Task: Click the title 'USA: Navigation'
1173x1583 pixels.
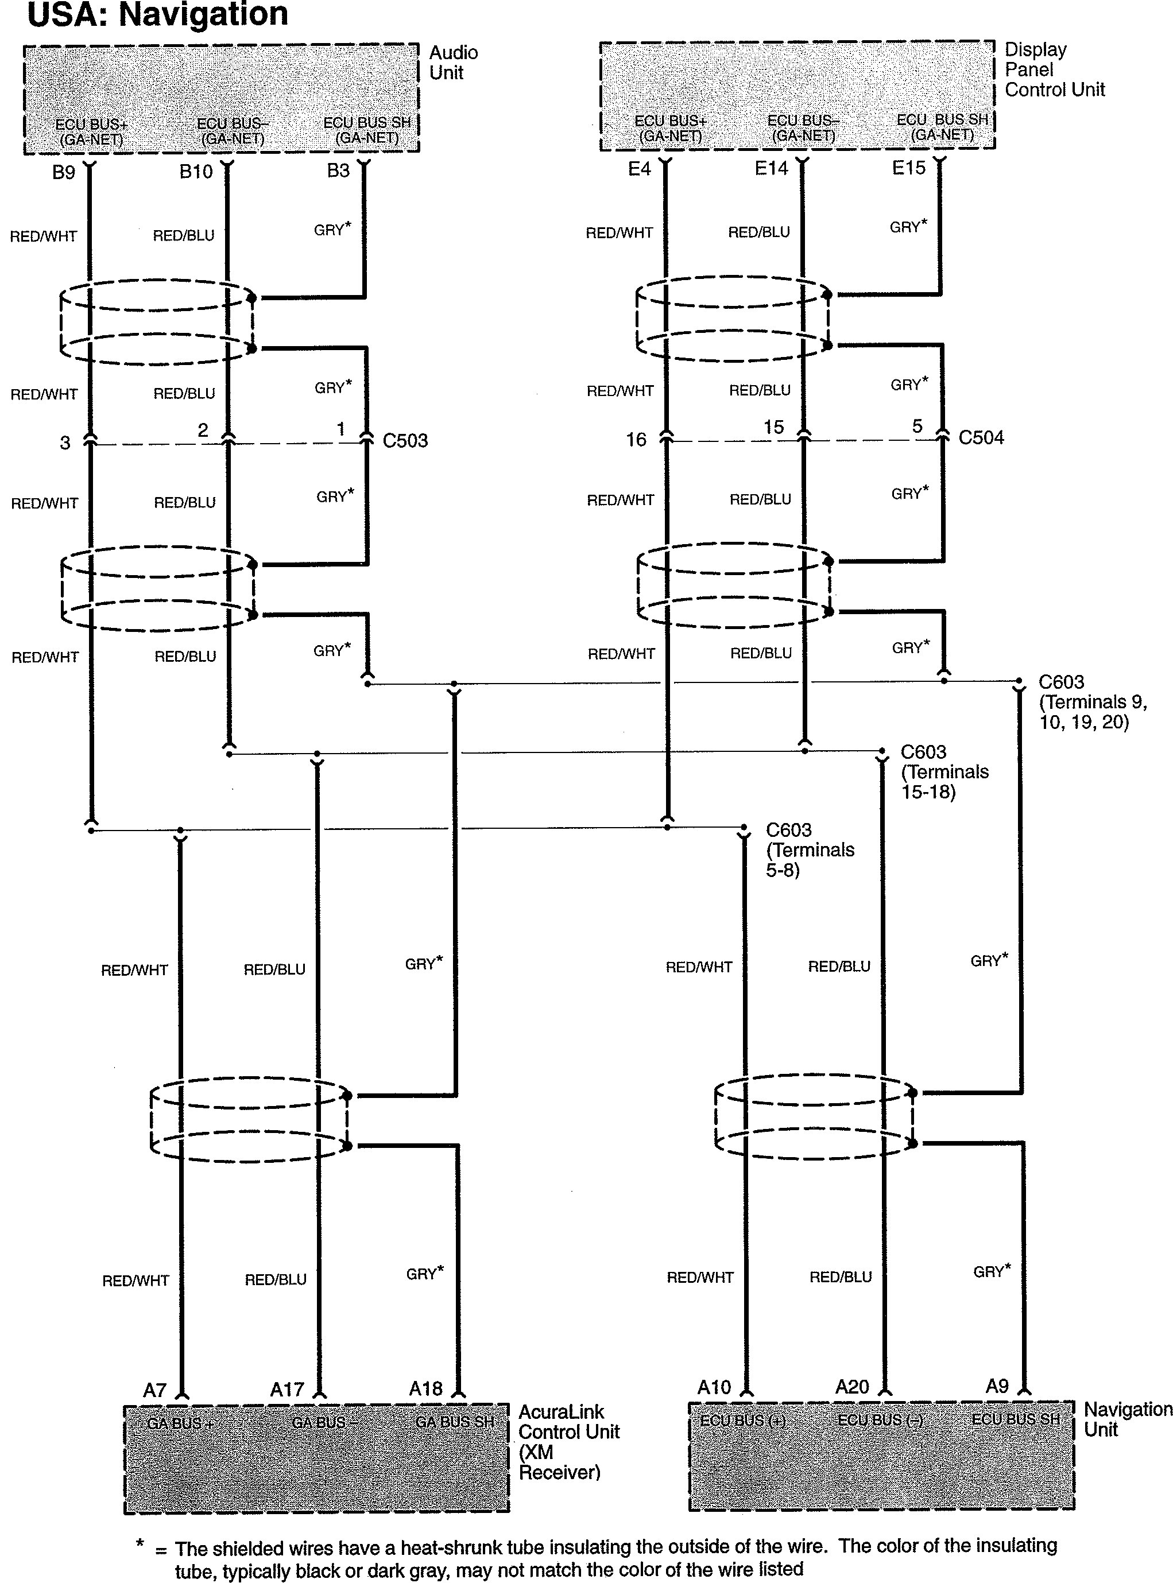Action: pyautogui.click(x=158, y=14)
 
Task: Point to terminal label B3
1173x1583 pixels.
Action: pyautogui.click(x=338, y=171)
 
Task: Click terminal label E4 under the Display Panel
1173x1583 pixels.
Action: pyautogui.click(x=639, y=169)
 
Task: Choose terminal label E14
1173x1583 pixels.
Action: pyautogui.click(x=771, y=169)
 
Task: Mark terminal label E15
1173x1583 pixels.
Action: pyautogui.click(x=909, y=168)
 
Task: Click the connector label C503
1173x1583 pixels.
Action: pyautogui.click(x=405, y=441)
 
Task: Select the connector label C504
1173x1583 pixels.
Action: pyautogui.click(x=981, y=438)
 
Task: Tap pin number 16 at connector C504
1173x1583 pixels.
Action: pyautogui.click(x=636, y=440)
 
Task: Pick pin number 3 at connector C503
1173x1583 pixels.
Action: pyautogui.click(x=65, y=443)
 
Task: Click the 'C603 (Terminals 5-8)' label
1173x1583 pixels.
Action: pyautogui.click(x=810, y=849)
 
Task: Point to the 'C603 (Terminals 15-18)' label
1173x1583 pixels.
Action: pyautogui.click(x=944, y=771)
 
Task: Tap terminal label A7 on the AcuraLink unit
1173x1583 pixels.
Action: pyautogui.click(x=155, y=1391)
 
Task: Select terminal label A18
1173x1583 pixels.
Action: pyautogui.click(x=425, y=1388)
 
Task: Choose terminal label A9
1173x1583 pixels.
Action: pyautogui.click(x=997, y=1386)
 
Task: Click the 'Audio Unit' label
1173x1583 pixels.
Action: pyautogui.click(x=453, y=63)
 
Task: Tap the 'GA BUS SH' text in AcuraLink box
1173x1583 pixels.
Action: pyautogui.click(x=454, y=1422)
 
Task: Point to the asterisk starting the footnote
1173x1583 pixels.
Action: pyautogui.click(x=140, y=1543)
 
